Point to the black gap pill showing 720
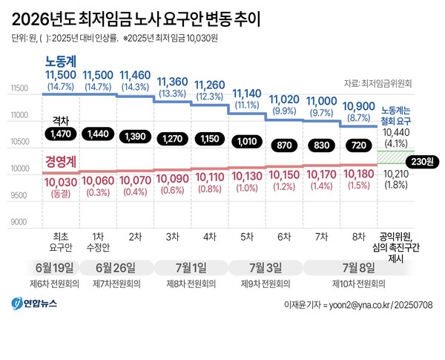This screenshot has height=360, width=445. (358, 145)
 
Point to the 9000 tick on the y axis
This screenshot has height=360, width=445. (19, 222)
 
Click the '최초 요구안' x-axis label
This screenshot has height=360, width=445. (61, 241)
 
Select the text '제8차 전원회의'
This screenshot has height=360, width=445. (191, 284)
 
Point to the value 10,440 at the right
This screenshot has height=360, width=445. (396, 131)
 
